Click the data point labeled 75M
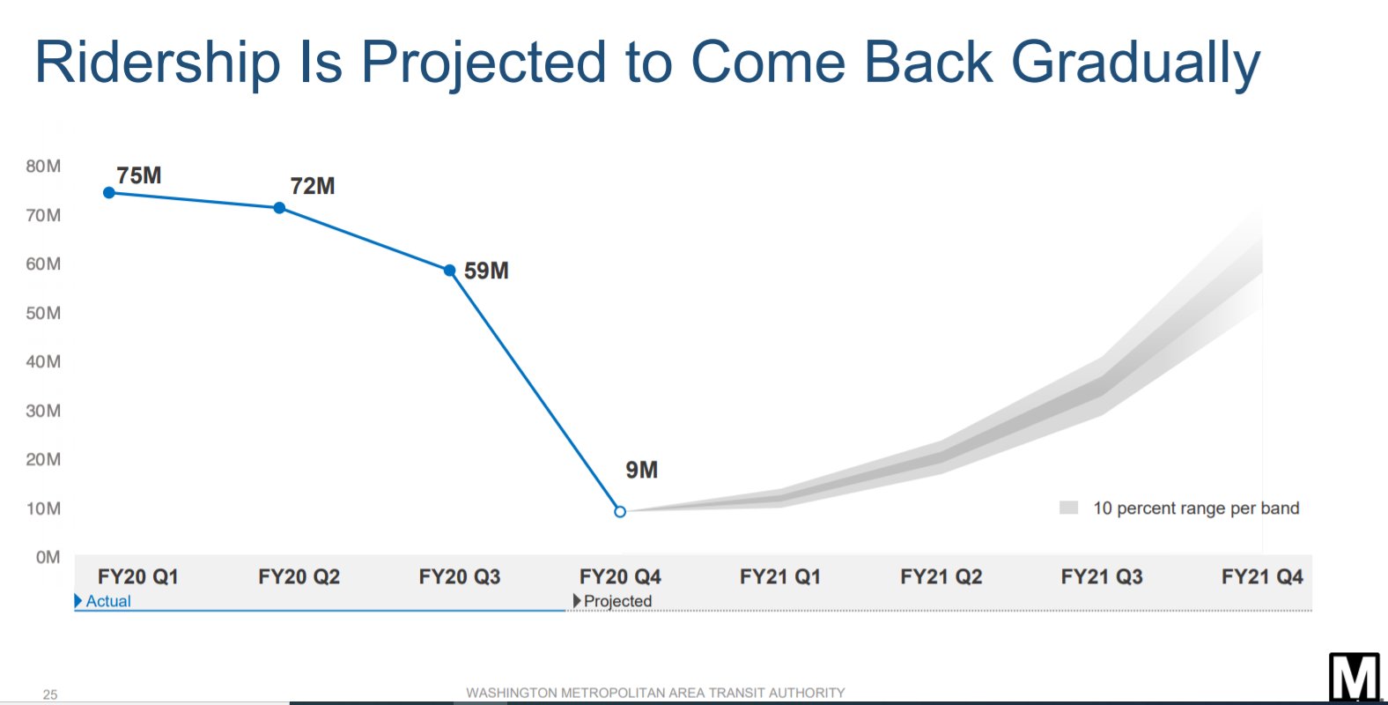109,193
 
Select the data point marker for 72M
279,208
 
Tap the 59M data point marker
450,271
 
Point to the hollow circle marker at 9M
620,511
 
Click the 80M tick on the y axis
43,167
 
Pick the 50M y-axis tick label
43,313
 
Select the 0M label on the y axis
48,557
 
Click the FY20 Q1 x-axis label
138,576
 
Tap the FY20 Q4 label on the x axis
620,576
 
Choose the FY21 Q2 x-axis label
941,576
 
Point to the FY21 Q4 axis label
1262,576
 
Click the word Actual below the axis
108,601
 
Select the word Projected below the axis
617,601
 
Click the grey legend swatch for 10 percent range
1069,508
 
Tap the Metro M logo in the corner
1355,678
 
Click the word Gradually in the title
1136,63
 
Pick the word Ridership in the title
158,63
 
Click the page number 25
50,694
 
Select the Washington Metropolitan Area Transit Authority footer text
655,693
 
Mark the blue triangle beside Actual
78,601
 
